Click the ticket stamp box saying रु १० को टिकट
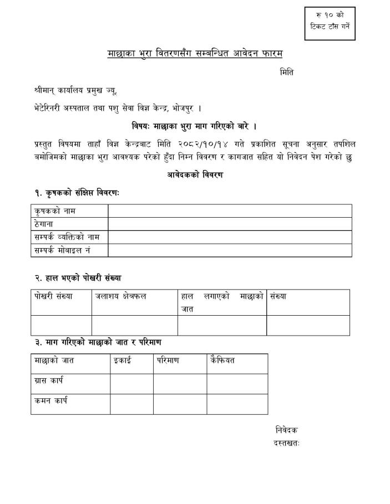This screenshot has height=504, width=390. point(330,24)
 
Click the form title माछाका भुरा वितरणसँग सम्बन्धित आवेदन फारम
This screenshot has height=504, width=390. point(195,53)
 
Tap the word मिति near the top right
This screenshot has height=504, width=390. point(287,72)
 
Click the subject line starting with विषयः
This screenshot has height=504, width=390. point(194,126)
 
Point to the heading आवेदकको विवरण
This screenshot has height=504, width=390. point(195,174)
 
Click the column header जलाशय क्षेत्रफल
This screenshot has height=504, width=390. point(121,296)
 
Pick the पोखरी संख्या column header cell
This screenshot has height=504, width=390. point(53,296)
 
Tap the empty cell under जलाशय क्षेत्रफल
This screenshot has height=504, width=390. point(134,325)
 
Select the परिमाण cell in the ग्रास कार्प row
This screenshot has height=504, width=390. point(180,383)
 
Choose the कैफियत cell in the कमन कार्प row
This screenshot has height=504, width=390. point(237,404)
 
